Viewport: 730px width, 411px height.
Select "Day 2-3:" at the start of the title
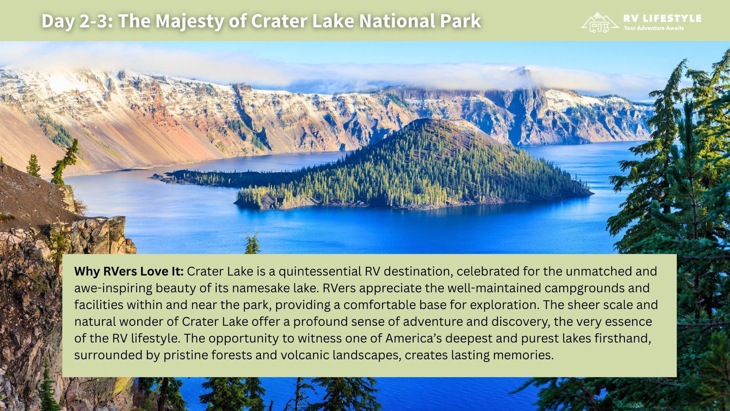coord(77,21)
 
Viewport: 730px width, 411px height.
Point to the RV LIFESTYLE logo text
coord(662,19)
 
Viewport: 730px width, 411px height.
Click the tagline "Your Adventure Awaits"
coord(654,28)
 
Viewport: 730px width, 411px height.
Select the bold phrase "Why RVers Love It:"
coord(129,271)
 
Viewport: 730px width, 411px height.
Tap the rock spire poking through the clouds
coord(523,71)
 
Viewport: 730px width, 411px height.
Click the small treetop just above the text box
coord(252,243)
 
